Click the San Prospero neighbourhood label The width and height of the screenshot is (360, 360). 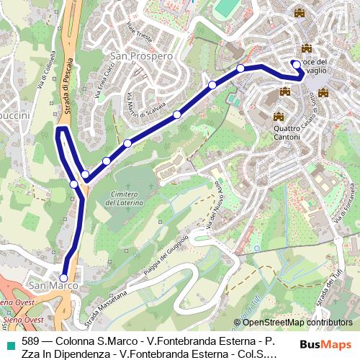coord(141,55)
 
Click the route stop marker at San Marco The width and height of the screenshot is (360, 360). coord(63,277)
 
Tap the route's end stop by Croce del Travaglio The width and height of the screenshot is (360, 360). coord(296,64)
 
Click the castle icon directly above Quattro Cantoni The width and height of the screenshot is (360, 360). coord(279,116)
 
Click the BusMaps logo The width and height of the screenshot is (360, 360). coord(325,345)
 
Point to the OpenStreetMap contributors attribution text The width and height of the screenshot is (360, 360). coord(293,323)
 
